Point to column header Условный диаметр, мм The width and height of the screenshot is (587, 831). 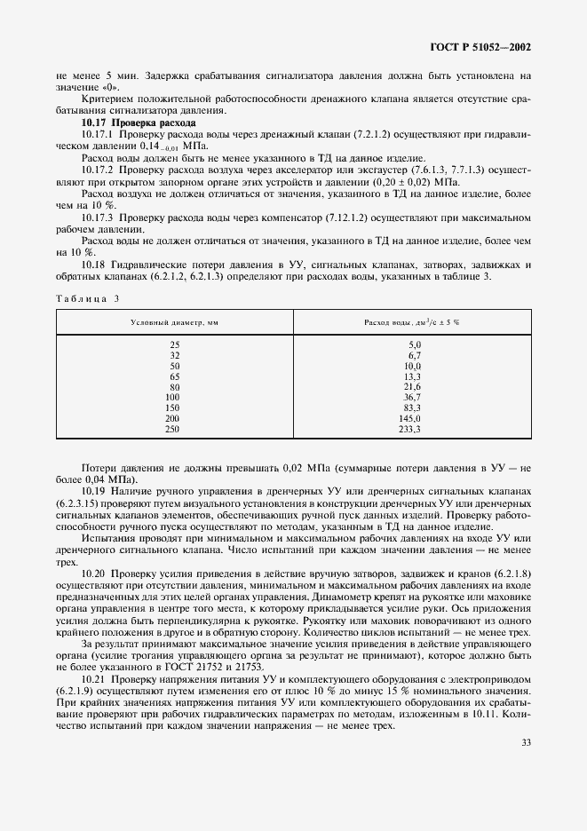click(x=173, y=321)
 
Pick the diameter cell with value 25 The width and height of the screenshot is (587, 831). click(x=173, y=344)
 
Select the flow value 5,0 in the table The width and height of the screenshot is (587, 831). click(x=414, y=344)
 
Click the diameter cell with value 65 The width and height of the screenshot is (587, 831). click(x=173, y=376)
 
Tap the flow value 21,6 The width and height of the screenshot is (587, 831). click(x=412, y=386)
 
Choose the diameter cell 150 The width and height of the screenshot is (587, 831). click(x=172, y=408)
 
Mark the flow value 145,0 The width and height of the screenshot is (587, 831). click(x=410, y=418)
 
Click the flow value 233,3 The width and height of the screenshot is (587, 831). click(x=410, y=429)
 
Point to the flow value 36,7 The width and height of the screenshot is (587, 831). click(x=412, y=397)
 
